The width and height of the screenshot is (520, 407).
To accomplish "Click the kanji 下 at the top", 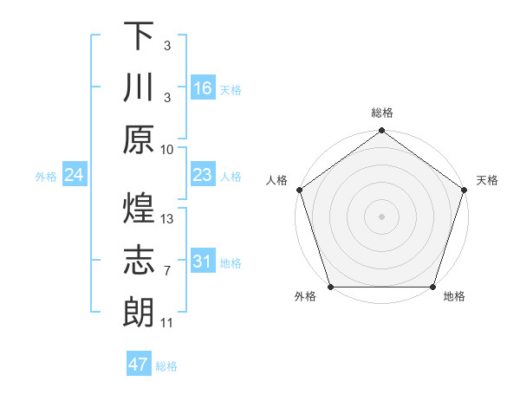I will coord(139,36).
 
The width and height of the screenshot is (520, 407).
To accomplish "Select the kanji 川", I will coord(139,87).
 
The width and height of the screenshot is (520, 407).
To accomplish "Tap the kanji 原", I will coord(139,139).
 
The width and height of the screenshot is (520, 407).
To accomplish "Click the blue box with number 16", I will coord(203,88).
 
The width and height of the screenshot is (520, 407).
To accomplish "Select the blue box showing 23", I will coord(203,175).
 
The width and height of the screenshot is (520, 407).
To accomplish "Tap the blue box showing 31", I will coord(203,262).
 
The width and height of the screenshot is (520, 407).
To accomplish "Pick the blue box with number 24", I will coord(75,176).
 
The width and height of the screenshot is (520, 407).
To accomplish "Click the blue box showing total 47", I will coord(139,365).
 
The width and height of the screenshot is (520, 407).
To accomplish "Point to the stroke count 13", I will coord(168,218).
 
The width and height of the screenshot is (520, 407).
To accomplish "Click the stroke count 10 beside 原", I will coord(168,148).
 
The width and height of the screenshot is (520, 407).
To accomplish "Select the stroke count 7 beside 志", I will coord(167,271).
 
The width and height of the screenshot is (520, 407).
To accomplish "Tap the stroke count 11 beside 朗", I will coord(167,323).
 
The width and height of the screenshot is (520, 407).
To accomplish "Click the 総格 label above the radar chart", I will coord(382,113).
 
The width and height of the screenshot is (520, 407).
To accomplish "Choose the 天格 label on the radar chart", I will coord(487,180).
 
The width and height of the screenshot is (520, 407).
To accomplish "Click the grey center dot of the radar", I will coord(382,216).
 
